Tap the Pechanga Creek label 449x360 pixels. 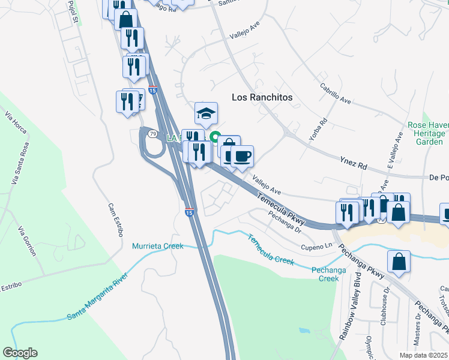(325, 274)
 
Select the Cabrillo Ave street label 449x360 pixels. (336, 94)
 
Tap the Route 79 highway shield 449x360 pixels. (153, 133)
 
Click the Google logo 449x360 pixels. (20, 353)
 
